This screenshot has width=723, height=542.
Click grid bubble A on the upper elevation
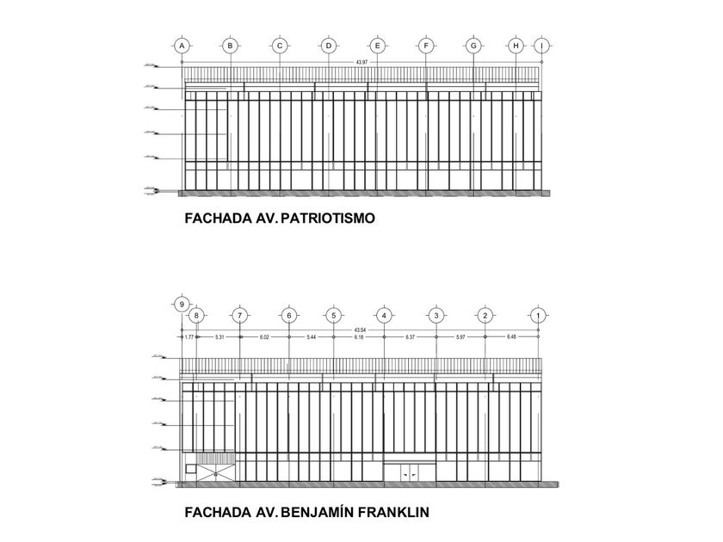(181, 46)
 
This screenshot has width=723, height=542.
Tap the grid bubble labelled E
(377, 46)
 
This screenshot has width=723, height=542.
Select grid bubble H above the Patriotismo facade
(516, 46)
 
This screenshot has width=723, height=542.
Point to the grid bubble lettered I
(541, 46)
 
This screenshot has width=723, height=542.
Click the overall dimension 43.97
(361, 63)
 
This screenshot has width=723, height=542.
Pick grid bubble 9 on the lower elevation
(181, 304)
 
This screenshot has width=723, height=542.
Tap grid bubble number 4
(384, 316)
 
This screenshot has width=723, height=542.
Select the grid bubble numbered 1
(537, 316)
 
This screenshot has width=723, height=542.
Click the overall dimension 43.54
(360, 330)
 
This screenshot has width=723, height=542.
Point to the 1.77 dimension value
(189, 336)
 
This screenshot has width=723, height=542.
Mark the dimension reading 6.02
(265, 336)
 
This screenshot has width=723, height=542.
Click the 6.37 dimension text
(411, 336)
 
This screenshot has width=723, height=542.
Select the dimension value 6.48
(512, 336)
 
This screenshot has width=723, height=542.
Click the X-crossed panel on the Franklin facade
(216, 470)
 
